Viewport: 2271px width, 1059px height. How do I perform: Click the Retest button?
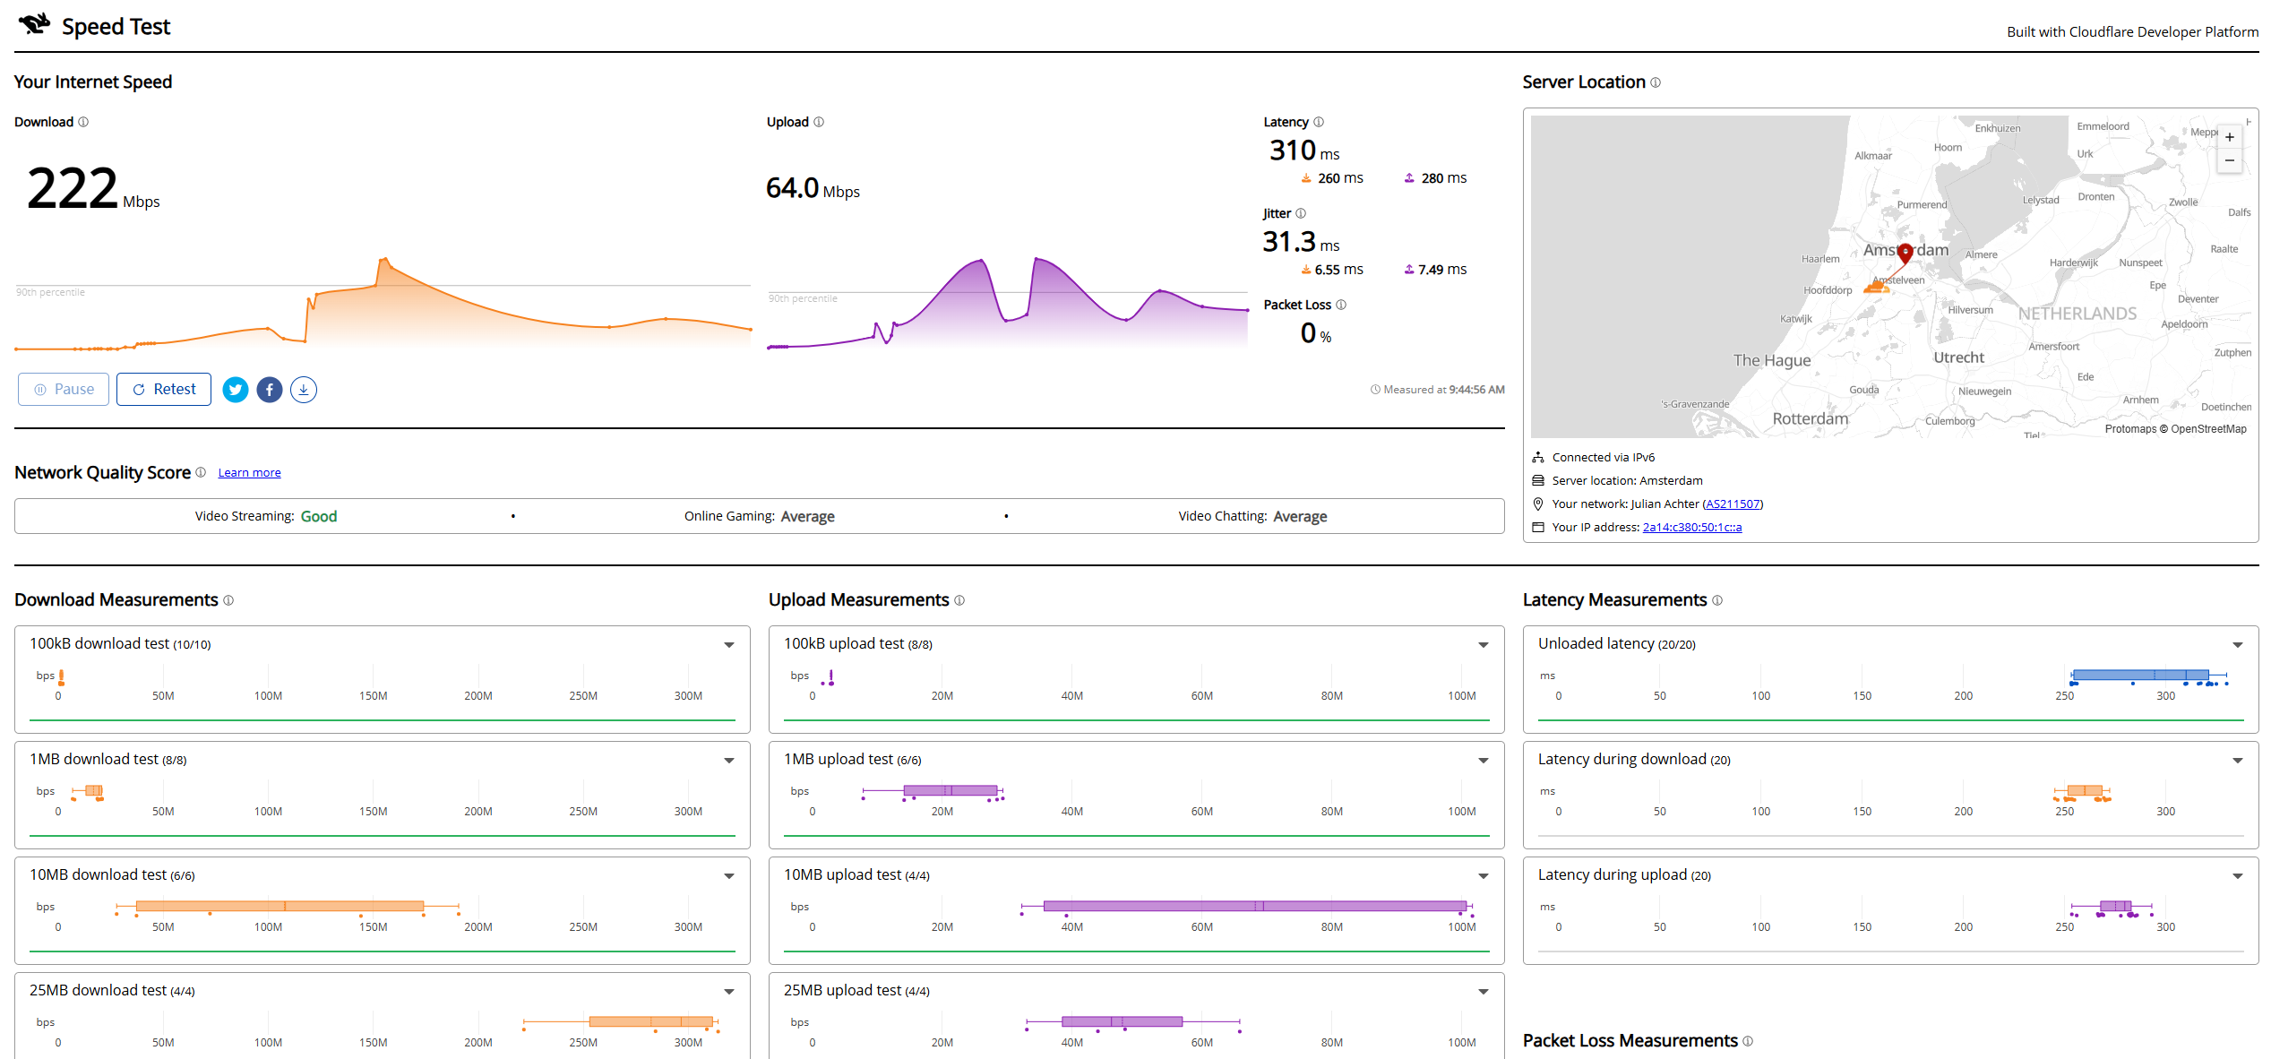tap(164, 389)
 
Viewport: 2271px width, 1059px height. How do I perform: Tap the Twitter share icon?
tap(236, 390)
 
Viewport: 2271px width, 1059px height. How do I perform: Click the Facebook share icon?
tap(270, 390)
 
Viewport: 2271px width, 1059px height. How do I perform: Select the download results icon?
tap(304, 390)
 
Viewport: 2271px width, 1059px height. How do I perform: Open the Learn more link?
tap(249, 472)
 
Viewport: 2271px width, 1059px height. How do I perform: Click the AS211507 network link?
tap(1733, 504)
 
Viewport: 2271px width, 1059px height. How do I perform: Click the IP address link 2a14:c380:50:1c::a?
tap(1692, 527)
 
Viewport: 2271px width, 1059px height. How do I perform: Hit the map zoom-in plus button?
tap(2230, 137)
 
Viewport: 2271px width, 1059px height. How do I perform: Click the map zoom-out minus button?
tap(2230, 160)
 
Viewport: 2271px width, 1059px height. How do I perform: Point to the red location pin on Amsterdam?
tap(1905, 252)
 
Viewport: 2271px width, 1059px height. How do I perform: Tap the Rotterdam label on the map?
tap(1810, 418)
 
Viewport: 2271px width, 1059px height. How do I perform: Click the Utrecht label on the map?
tap(1958, 357)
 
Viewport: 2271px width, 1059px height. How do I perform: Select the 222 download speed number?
tap(73, 188)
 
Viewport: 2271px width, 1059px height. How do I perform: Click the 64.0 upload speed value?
tap(792, 188)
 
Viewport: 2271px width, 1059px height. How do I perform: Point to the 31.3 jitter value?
tap(1289, 242)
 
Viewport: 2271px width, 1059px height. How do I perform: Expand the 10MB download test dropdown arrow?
tap(729, 876)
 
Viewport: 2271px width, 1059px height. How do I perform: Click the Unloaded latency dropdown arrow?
tap(2238, 645)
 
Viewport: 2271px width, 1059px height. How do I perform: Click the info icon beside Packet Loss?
tap(1341, 305)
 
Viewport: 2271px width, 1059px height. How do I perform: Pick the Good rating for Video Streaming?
tap(319, 516)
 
